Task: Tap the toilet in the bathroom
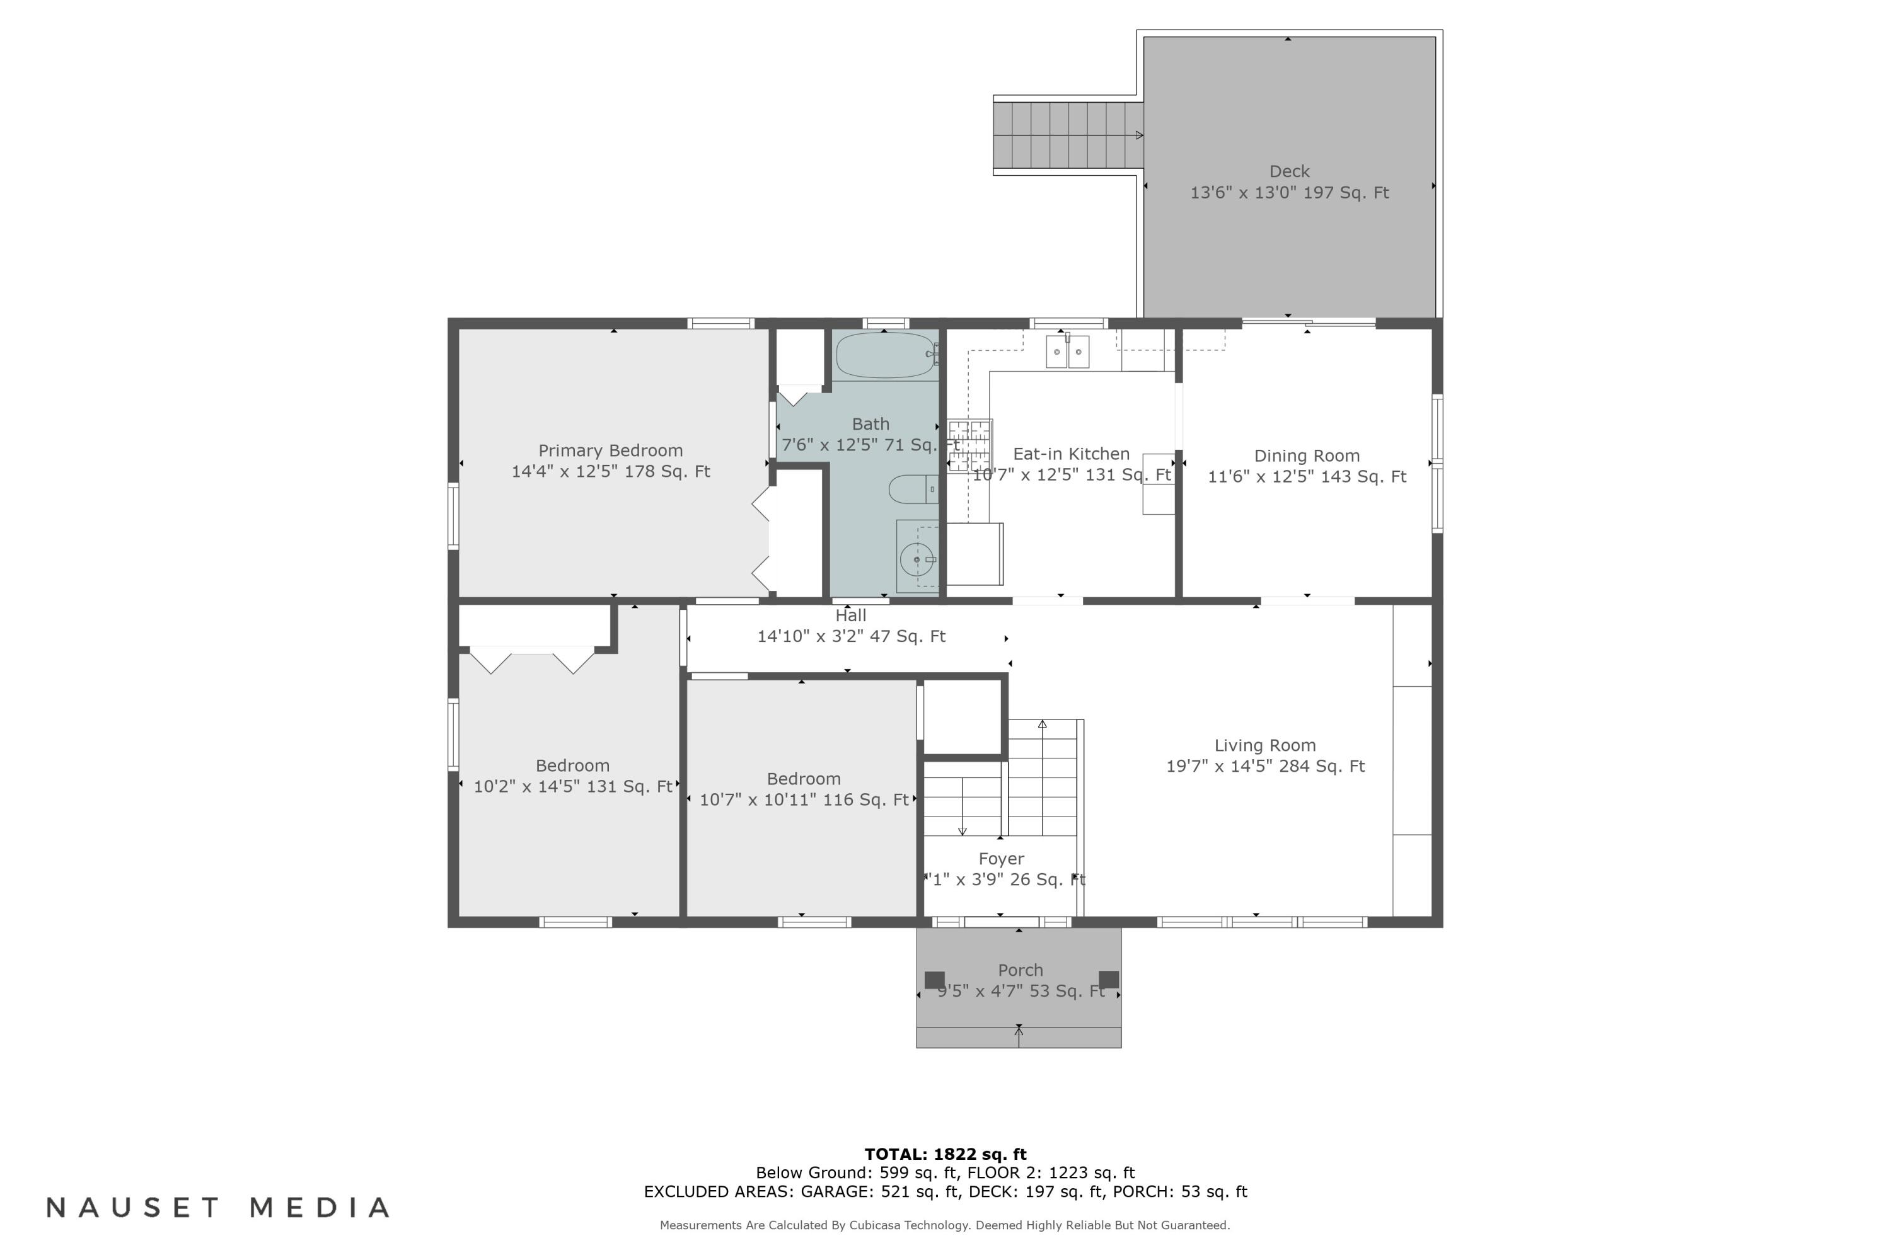pos(911,489)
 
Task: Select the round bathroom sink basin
pos(916,559)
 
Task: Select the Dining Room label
pos(1307,455)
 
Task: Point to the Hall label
pos(850,616)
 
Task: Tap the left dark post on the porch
pos(934,980)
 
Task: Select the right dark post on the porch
pos(1109,980)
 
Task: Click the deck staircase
pos(1067,135)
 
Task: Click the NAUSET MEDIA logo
pos(218,1208)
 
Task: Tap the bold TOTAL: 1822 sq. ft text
pos(945,1155)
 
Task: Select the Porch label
pos(1021,970)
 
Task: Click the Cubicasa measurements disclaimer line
pos(945,1225)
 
